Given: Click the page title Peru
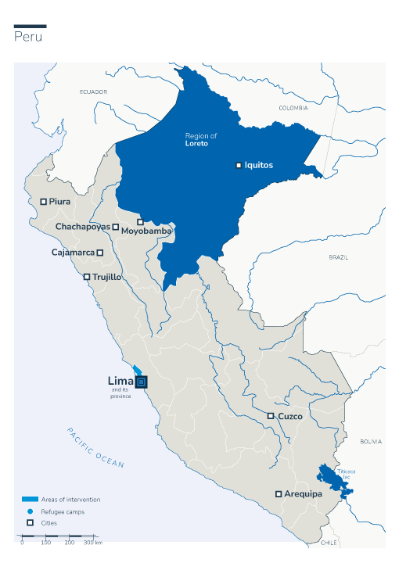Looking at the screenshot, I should tap(28, 38).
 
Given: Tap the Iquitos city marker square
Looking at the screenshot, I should tap(239, 165).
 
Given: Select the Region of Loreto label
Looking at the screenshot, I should tap(200, 140).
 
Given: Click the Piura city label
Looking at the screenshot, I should tap(59, 202).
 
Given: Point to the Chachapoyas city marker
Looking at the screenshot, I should tap(116, 227).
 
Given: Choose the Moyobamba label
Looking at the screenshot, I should tap(146, 231).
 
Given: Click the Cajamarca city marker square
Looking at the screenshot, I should tap(100, 253).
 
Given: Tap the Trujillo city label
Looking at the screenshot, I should tap(106, 277).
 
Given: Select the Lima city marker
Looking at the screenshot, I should tap(141, 382).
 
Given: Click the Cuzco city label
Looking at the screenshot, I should tap(289, 416).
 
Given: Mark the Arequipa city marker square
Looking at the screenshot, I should tap(279, 494).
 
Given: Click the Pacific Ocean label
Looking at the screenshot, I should tap(95, 448).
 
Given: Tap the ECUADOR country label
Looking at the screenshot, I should tap(93, 92).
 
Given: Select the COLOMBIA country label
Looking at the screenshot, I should tap(294, 108).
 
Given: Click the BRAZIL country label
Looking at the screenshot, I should tap(339, 257).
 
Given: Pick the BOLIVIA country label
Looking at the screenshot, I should tap(371, 442).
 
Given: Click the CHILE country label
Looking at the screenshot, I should tap(329, 542).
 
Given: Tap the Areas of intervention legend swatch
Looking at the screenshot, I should tap(30, 499).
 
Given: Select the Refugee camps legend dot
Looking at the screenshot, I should tap(30, 511).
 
